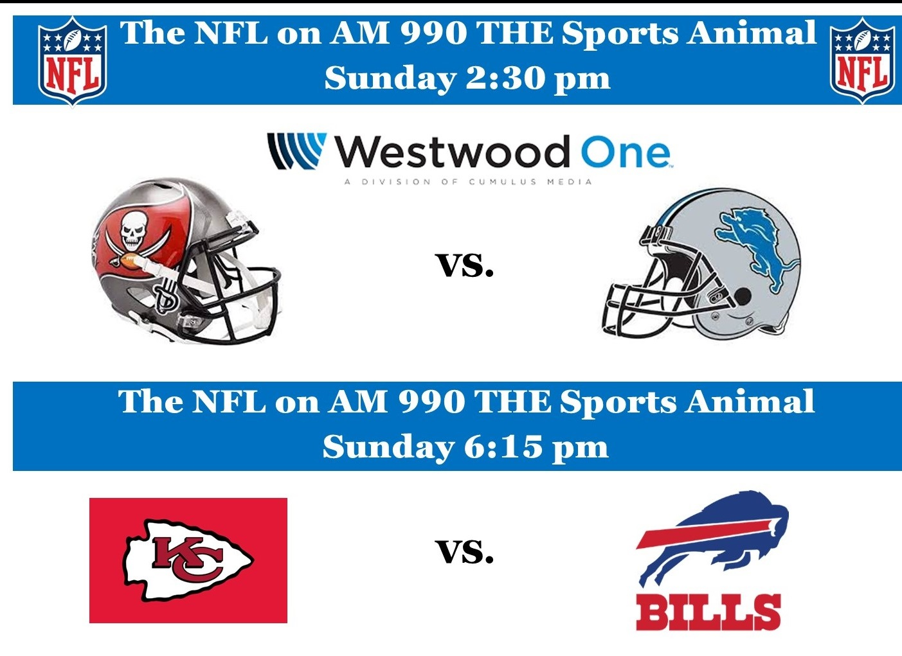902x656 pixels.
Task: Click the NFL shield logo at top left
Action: [x=73, y=61]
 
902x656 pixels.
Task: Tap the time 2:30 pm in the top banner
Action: [x=537, y=79]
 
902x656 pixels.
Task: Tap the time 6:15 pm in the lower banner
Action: [x=536, y=447]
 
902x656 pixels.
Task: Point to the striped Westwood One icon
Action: [x=297, y=150]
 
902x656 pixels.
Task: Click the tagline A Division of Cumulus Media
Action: [x=468, y=182]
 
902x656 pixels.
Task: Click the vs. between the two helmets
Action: [x=466, y=265]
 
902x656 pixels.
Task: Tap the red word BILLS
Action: [x=708, y=612]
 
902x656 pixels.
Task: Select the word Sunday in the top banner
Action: [x=390, y=80]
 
